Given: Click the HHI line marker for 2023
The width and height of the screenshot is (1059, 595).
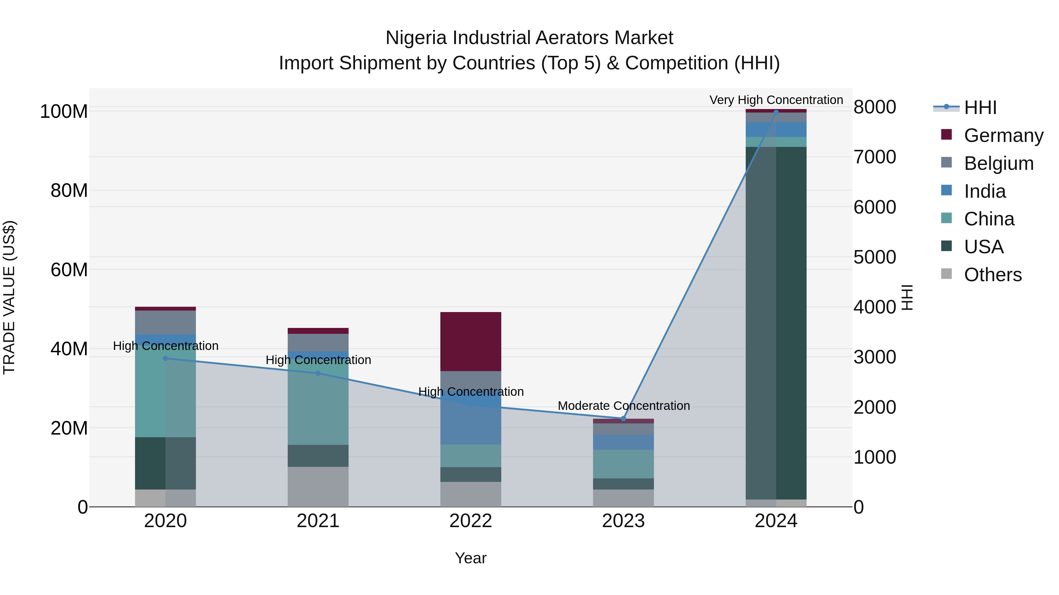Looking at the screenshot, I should click(623, 418).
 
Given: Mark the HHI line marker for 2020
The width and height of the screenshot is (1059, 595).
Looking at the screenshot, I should click(165, 358).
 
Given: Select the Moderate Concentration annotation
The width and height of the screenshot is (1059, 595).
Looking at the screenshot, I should click(624, 406).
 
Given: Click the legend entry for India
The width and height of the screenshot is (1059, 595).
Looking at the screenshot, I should click(985, 191).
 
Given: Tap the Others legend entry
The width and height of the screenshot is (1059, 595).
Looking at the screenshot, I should click(993, 275).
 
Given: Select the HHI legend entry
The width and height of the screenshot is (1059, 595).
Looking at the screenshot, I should click(980, 108).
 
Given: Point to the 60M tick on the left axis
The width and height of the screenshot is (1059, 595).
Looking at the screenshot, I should click(69, 270).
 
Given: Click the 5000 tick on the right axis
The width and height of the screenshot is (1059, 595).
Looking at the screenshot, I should click(875, 257).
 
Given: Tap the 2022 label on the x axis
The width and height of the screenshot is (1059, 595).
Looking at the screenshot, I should click(471, 521).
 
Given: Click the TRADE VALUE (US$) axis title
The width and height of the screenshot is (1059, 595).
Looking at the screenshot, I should click(9, 297).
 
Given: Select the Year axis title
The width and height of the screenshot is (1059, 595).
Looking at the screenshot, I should click(471, 558).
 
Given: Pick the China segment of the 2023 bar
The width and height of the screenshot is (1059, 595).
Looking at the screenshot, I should click(623, 464).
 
